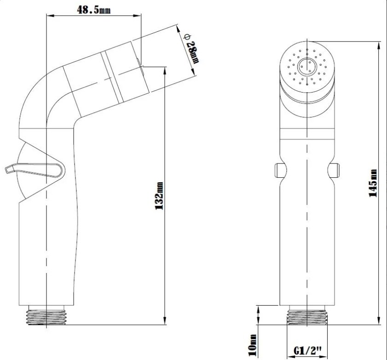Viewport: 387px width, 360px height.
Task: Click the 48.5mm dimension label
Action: (x=94, y=9)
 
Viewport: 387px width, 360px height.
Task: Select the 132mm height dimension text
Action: (x=159, y=196)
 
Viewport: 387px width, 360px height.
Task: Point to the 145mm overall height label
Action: (x=373, y=183)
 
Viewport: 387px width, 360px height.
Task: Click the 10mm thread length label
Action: (x=252, y=345)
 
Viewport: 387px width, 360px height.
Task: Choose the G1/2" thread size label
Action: (x=308, y=350)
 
